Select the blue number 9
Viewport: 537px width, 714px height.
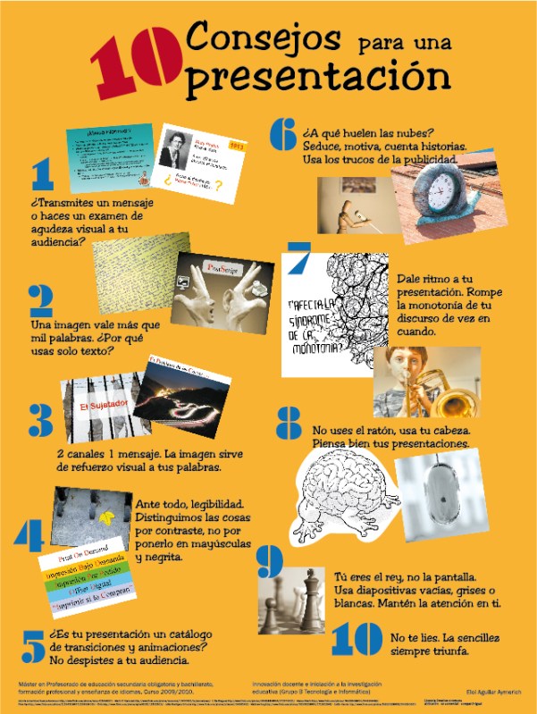pyautogui.click(x=269, y=561)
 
